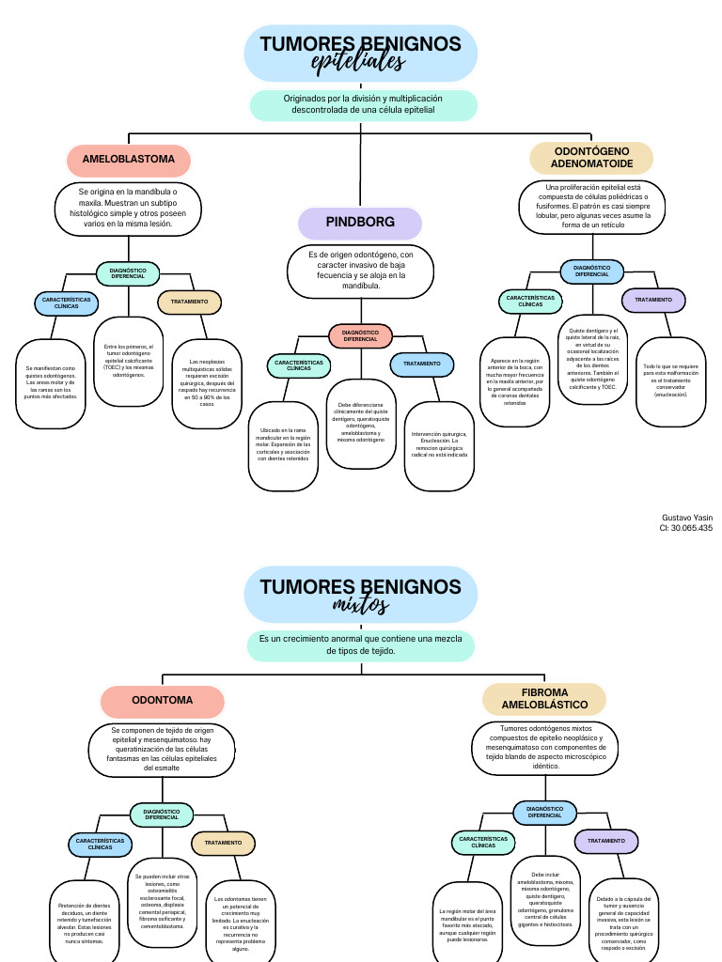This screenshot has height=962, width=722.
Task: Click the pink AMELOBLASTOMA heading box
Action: pos(129,160)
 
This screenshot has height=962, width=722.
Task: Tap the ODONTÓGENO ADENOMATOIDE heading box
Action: pos(591,157)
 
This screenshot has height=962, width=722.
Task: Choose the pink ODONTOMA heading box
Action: pos(163,701)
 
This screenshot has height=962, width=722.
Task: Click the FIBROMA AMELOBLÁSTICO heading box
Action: pos(544,698)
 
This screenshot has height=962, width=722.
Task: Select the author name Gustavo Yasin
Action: pos(687,518)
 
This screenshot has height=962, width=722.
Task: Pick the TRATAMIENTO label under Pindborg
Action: pos(421,364)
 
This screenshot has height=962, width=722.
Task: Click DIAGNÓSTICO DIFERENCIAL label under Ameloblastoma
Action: pos(128,273)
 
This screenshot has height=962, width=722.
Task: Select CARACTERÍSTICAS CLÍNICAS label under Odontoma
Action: pos(100,844)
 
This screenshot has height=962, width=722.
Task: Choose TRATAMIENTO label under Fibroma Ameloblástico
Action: pos(606,841)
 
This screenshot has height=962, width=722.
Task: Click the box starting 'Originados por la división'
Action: pos(363,103)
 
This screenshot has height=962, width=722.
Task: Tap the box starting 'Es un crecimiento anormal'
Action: pos(361,644)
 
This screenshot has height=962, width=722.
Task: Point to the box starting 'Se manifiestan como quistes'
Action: pos(51,382)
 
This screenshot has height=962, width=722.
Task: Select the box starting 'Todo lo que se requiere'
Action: pos(671,380)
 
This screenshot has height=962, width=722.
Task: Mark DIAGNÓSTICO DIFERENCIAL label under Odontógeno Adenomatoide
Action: pos(591,271)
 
